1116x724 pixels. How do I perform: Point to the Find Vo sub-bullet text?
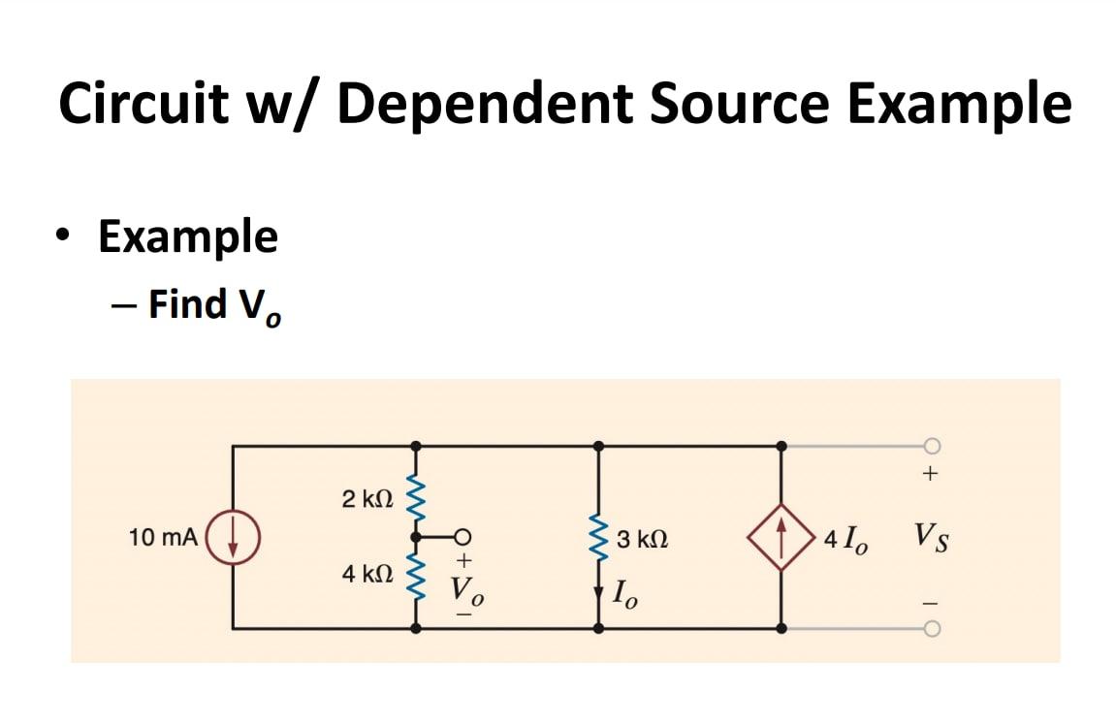point(214,304)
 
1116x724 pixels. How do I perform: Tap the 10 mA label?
point(163,537)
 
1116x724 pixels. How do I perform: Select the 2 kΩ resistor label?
point(367,500)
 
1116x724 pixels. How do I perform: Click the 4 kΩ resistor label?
point(367,574)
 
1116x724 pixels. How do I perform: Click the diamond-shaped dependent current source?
point(781,536)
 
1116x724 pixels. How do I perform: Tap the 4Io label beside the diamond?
point(846,539)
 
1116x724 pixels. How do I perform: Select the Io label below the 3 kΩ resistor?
point(625,591)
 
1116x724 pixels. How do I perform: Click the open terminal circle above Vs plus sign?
point(931,445)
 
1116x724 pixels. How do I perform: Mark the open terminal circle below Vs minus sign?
point(931,628)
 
